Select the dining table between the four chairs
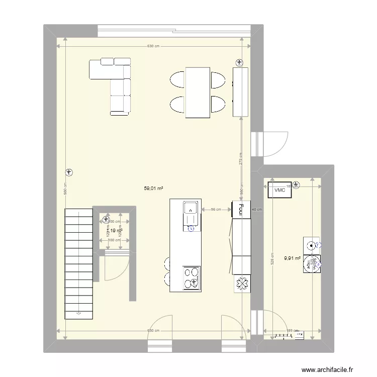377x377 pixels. [198, 92]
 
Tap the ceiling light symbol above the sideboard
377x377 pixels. [239, 63]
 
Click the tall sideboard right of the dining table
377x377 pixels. [241, 92]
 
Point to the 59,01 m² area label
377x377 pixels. [154, 189]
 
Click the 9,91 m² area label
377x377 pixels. [292, 258]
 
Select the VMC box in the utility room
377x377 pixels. [279, 191]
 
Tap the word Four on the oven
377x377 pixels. [241, 209]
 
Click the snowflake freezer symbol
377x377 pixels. [241, 284]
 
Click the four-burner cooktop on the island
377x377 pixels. [191, 278]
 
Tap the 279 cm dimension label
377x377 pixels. [241, 159]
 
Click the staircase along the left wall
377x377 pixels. [79, 264]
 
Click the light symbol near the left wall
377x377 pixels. [69, 172]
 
